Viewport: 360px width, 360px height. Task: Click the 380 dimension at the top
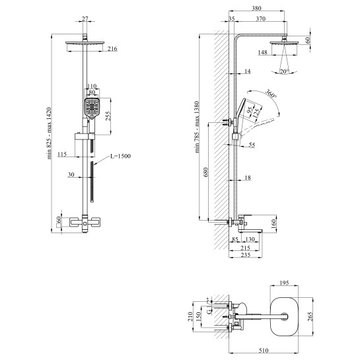[x=256, y=9]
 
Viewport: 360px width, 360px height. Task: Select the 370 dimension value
[x=261, y=18]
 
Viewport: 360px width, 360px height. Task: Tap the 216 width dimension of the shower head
[x=112, y=49]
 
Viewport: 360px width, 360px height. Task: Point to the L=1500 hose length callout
[x=120, y=156]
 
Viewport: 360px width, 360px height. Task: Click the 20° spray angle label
[x=284, y=71]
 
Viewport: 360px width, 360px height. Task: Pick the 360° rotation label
[x=271, y=93]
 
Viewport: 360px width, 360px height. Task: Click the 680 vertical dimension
[x=205, y=172]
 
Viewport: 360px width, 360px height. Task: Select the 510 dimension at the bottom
[x=264, y=350]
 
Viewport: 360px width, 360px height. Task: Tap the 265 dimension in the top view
[x=310, y=316]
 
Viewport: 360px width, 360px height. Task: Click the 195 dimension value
[x=284, y=283]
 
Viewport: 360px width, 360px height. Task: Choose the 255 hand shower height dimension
[x=108, y=116]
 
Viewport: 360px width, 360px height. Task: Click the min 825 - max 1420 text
[x=50, y=133]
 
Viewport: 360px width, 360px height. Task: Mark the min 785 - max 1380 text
[x=198, y=127]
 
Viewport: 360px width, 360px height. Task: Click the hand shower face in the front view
[x=92, y=107]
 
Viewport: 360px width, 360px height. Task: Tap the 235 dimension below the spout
[x=246, y=254]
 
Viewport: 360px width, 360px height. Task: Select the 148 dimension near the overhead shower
[x=262, y=52]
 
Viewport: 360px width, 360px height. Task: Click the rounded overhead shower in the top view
[x=284, y=316]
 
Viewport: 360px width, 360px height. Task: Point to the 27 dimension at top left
[x=85, y=19]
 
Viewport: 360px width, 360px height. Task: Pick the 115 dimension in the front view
[x=62, y=154]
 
